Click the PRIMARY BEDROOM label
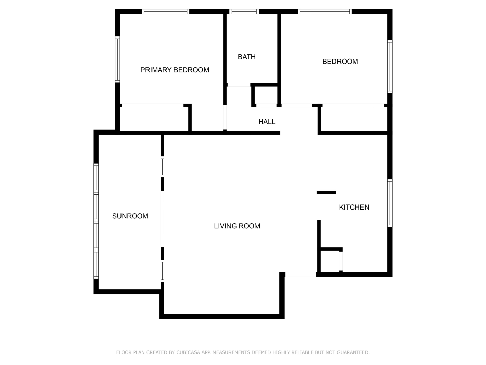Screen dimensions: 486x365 coord(174,70)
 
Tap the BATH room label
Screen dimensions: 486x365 coord(247,57)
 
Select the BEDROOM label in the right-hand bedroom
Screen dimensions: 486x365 coord(340,62)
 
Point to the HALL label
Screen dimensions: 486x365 coord(267,122)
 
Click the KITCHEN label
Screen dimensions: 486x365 coord(354,207)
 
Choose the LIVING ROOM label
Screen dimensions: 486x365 coord(237,226)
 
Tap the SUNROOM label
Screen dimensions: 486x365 coord(130,216)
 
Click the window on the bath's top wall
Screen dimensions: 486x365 coord(244,11)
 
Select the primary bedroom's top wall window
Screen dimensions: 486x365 coord(165,11)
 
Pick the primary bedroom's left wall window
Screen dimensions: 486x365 coord(117,59)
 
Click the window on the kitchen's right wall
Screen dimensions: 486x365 coord(390,203)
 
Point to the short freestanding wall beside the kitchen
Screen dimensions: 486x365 coord(326,192)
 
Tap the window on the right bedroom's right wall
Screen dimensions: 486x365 coord(390,67)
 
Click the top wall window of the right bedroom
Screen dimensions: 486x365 coord(324,11)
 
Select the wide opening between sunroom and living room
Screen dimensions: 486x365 coord(162,219)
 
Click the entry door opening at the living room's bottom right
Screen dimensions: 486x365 coord(300,274)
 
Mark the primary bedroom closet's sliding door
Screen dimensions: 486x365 coord(153,106)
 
